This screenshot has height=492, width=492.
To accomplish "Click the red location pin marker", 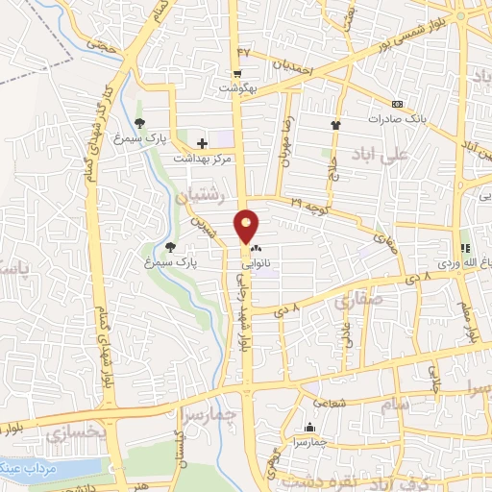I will coord(247,225).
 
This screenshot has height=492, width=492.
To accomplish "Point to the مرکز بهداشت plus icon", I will coord(201,143).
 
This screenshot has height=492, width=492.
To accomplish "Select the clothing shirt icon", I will coord(334,125).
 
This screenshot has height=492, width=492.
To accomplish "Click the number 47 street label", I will coord(243,50).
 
